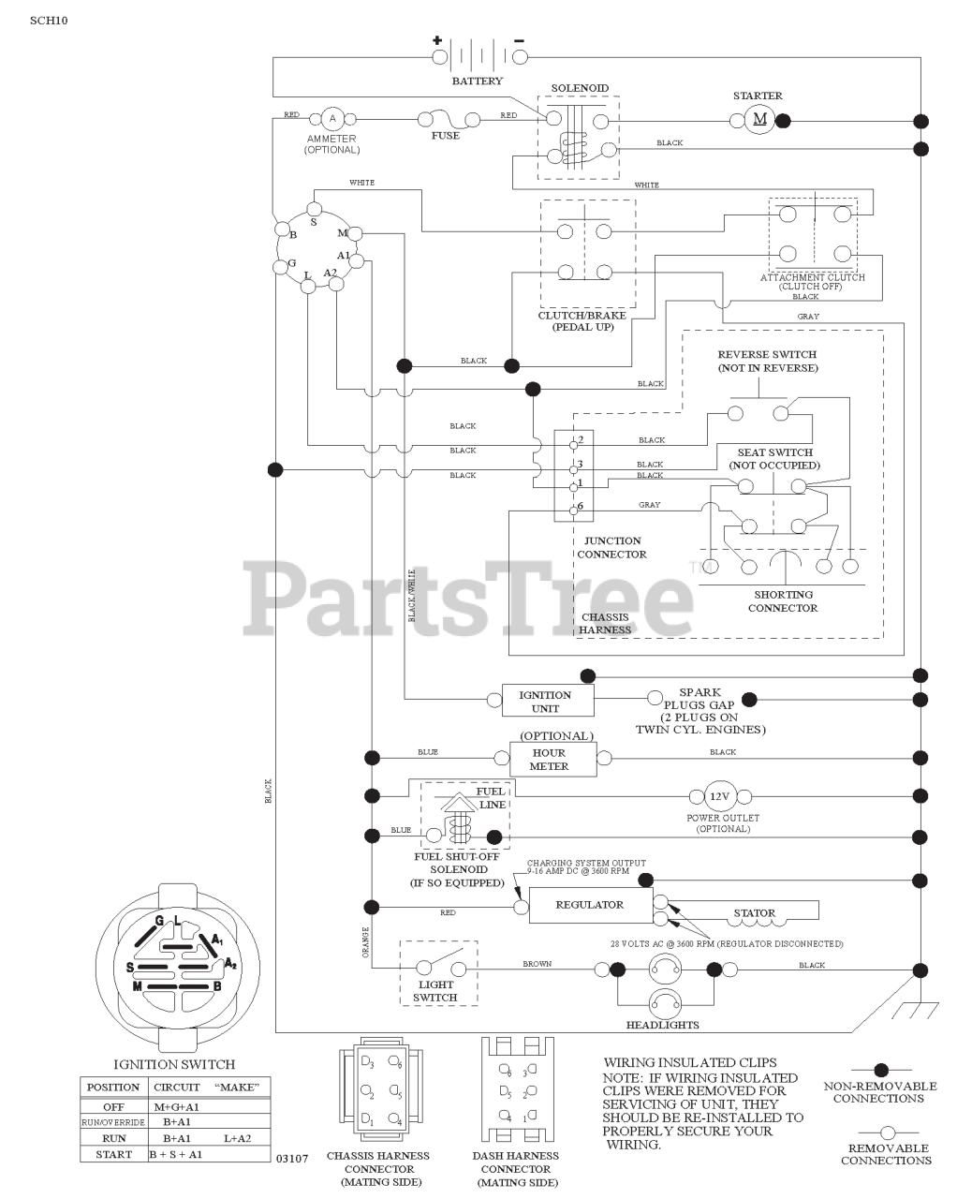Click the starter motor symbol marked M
759,119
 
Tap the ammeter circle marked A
331,118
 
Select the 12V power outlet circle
718,796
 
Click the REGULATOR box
590,905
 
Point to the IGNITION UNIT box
545,701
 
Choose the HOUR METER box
549,759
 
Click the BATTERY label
478,81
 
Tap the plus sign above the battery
436,40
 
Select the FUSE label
446,136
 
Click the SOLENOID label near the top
580,88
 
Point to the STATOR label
755,912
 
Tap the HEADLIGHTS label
663,1025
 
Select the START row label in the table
114,1155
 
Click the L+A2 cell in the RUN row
238,1138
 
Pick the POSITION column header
113,1088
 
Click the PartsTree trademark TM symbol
697,566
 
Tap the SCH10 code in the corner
49,19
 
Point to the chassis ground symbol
914,1008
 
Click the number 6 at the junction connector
581,506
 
